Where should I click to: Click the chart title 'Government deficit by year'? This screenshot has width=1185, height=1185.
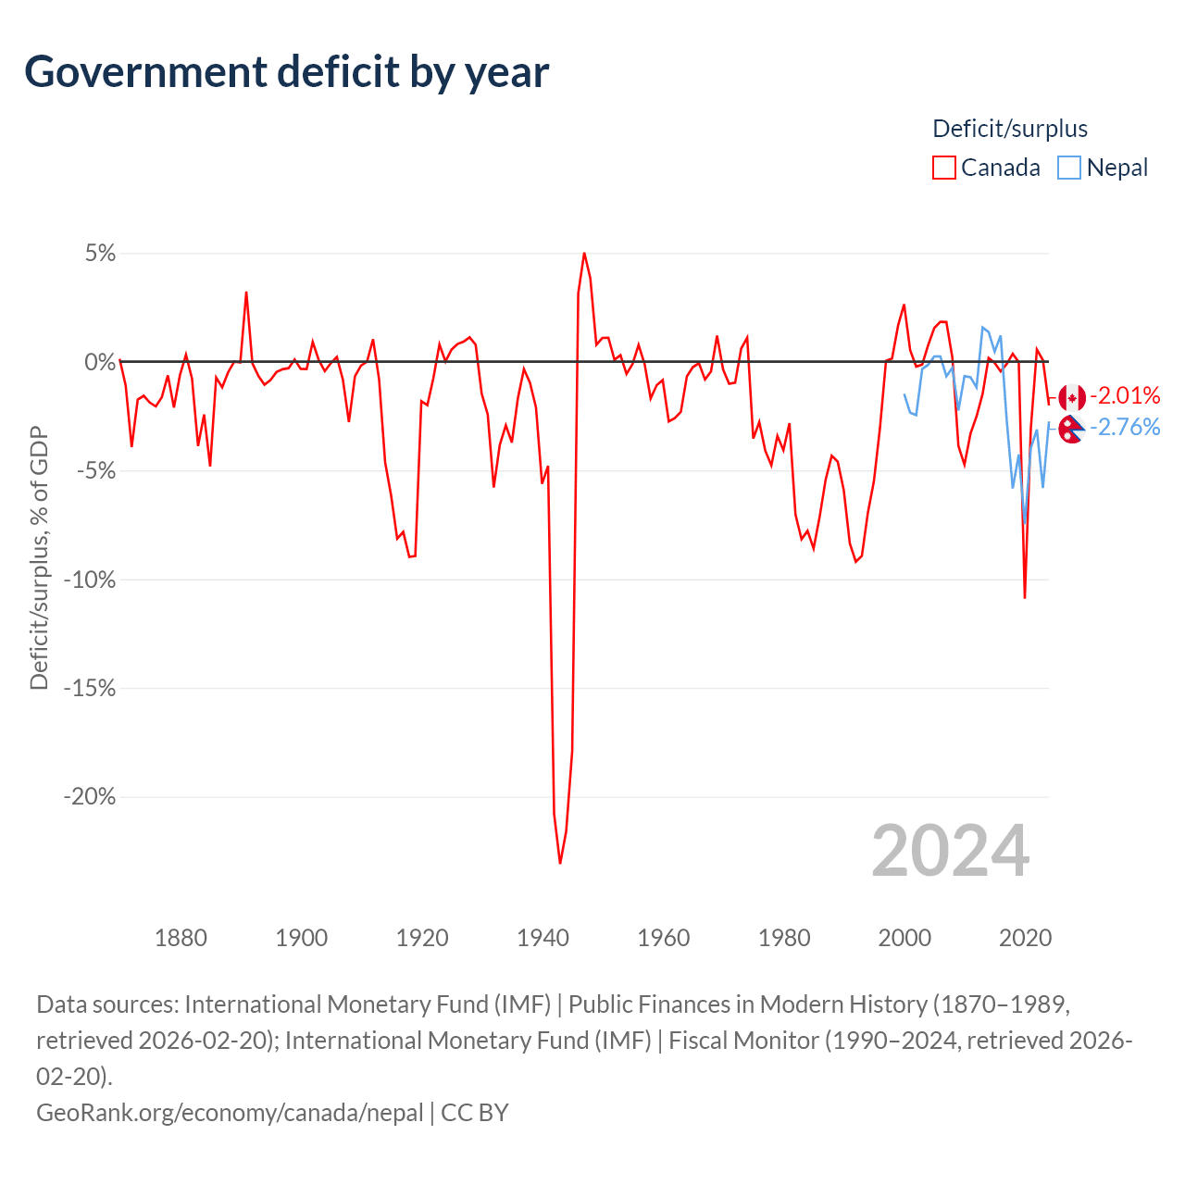(287, 72)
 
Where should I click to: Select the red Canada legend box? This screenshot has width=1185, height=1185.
(943, 168)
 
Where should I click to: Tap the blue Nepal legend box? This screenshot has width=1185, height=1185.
(1069, 168)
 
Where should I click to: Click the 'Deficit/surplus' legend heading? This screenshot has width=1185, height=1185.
(1010, 129)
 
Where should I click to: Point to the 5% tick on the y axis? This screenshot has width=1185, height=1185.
(100, 254)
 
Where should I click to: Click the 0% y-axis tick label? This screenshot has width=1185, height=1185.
(100, 362)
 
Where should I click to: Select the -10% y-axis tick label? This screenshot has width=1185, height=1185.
(89, 580)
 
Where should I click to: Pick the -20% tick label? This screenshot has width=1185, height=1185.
(89, 797)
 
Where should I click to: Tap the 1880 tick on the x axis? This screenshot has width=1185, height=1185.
(181, 938)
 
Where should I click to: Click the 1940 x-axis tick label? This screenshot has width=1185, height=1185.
(543, 938)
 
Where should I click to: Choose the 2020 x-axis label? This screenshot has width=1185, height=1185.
(1025, 938)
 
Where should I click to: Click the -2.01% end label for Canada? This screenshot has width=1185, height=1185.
(1125, 396)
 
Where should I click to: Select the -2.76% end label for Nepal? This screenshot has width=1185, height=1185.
(1125, 427)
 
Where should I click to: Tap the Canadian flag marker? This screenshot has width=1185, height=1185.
(1072, 398)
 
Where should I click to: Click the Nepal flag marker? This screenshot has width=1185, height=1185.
(1071, 429)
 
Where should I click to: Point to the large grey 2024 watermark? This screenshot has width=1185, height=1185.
(950, 851)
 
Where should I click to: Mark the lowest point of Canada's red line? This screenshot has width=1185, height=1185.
(560, 863)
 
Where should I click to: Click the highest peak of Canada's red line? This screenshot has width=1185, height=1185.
(584, 253)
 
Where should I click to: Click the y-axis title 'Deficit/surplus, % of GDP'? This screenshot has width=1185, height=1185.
(39, 558)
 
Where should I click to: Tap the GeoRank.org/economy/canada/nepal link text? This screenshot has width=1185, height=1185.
(230, 1112)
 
